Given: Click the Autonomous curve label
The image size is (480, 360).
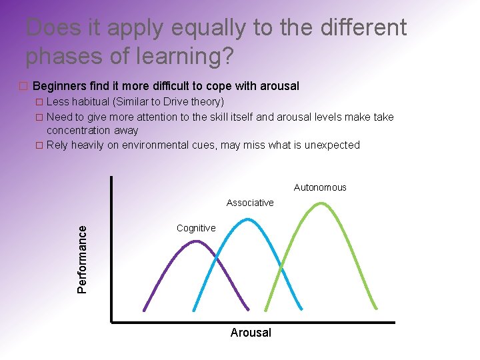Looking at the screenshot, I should tap(320, 187).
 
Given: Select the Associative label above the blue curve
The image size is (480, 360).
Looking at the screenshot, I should tap(250, 203).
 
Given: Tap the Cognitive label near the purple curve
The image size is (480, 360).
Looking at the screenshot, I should tap(196, 228).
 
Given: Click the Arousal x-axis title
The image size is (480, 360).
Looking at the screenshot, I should tap(251, 333).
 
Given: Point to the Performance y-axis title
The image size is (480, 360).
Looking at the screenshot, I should tap(82, 259).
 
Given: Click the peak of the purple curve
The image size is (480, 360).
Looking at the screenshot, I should tap(195, 241).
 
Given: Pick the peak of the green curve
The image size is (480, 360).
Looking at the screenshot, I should tap(321, 203).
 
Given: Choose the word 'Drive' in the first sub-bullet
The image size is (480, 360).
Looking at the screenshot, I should tap(172, 102).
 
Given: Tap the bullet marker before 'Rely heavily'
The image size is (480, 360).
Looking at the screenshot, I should tap(39, 145).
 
